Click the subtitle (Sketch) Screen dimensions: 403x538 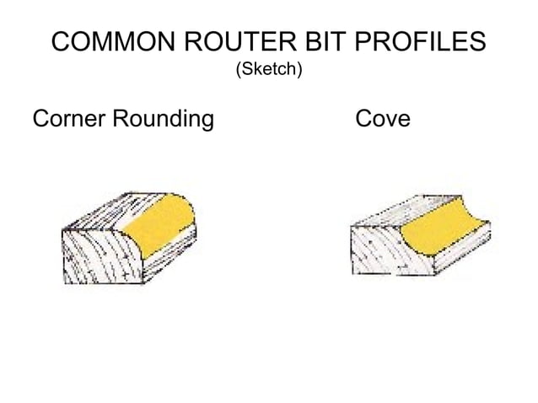tap(268, 69)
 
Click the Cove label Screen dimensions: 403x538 tap(384, 119)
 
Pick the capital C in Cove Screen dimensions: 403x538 tap(364, 119)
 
